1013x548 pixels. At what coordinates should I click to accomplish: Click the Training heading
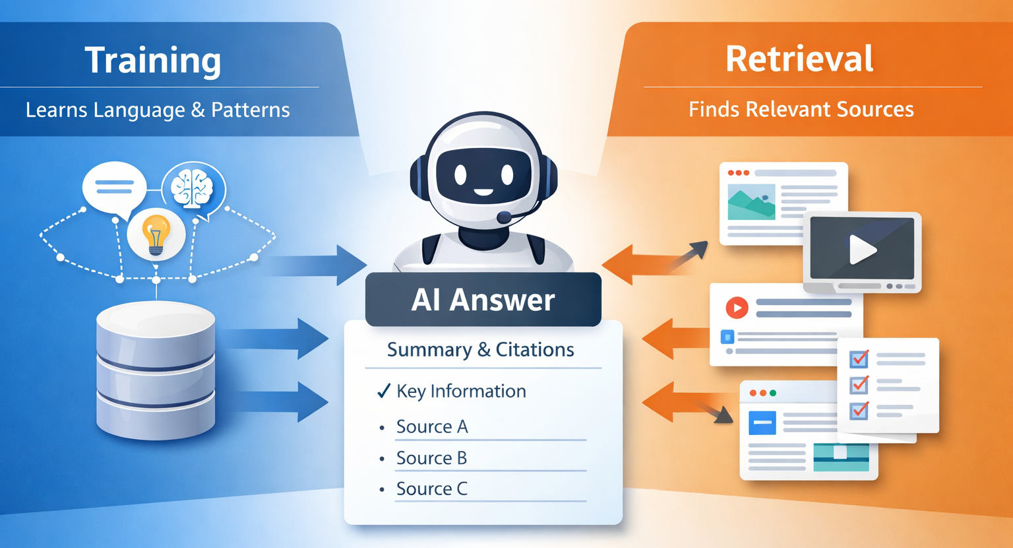point(153,61)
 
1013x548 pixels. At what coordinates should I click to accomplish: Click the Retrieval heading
point(799,59)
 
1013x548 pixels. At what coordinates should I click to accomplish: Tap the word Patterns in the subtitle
point(251,110)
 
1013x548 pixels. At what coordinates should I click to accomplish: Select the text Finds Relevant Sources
point(801,109)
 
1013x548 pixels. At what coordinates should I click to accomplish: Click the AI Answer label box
point(483,300)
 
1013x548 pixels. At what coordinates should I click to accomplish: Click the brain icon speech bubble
point(193,188)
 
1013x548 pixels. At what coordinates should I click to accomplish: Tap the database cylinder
point(156,369)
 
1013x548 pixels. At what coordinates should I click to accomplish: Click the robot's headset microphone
point(504,217)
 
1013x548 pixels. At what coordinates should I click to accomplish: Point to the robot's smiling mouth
point(483,192)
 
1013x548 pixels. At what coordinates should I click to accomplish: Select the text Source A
point(432,427)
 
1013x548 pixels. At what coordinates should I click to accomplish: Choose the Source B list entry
point(431,458)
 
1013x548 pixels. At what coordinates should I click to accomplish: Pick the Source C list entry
point(432,489)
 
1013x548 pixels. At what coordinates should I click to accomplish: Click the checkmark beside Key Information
point(384,391)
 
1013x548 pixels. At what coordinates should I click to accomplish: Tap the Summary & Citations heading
point(481,349)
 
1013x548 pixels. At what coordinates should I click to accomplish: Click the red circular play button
point(737,308)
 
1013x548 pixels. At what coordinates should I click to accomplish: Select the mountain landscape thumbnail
point(751,201)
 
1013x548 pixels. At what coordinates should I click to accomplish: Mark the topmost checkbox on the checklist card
point(859,359)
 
